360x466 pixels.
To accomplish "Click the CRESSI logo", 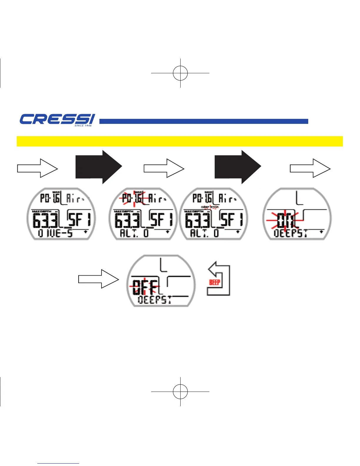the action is [x=57, y=119].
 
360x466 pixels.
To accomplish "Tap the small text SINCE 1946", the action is [x=83, y=126].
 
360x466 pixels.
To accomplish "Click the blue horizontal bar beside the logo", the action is [x=204, y=121].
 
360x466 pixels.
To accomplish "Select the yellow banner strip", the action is [x=180, y=141].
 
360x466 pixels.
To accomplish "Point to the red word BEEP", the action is [x=215, y=282].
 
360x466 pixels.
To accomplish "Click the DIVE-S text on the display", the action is [x=56, y=234].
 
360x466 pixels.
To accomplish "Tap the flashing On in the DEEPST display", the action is [x=284, y=220].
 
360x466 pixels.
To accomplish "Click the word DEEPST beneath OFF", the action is [x=155, y=300].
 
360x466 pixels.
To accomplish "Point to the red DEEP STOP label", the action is [x=210, y=207].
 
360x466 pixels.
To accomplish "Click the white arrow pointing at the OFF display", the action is [x=98, y=279].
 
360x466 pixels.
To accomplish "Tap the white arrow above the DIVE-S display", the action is [x=37, y=168].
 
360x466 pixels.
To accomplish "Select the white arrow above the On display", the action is [x=310, y=168].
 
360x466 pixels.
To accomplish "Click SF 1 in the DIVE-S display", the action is [x=79, y=219].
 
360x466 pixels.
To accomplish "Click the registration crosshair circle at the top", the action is [x=180, y=73].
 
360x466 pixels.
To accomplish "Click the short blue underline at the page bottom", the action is [x=58, y=464].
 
